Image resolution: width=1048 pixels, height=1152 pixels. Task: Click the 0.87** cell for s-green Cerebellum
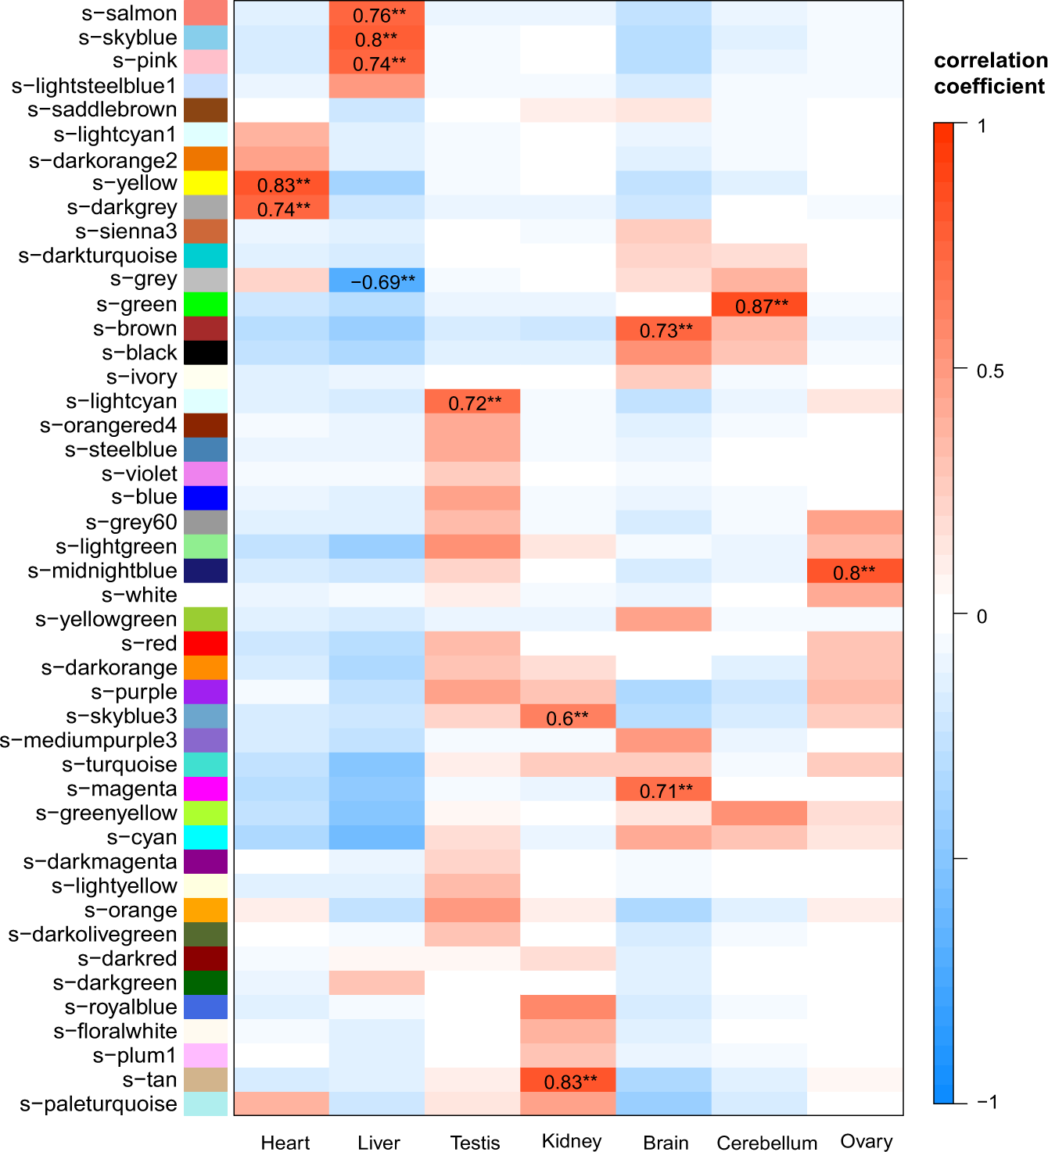[760, 306]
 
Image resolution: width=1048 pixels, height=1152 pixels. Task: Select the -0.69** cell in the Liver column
[377, 281]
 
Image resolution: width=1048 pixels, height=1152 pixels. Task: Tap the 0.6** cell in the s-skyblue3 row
[568, 717]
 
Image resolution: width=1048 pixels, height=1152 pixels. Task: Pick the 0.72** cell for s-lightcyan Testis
[473, 402]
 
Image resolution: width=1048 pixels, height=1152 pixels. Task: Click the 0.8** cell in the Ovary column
[854, 572]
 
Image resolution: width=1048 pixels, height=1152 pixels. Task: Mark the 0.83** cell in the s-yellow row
[282, 184]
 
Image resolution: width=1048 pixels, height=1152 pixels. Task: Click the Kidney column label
[571, 1140]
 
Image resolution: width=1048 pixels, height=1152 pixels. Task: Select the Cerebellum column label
[766, 1143]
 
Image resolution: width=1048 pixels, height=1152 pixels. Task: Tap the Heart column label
[285, 1143]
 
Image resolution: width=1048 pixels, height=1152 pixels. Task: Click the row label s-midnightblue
[102, 571]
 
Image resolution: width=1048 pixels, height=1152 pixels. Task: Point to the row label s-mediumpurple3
[88, 740]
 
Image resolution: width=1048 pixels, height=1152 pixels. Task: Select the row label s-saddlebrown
[102, 109]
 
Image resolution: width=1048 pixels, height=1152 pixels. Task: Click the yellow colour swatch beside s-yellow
[206, 184]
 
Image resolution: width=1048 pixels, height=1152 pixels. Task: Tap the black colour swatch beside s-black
[206, 353]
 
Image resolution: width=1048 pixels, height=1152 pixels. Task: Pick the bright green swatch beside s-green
[206, 305]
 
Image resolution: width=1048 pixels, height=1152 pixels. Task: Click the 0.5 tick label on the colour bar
[990, 370]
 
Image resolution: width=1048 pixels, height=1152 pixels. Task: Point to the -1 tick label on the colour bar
[987, 1102]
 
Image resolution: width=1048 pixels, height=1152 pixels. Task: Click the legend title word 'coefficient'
[989, 86]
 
